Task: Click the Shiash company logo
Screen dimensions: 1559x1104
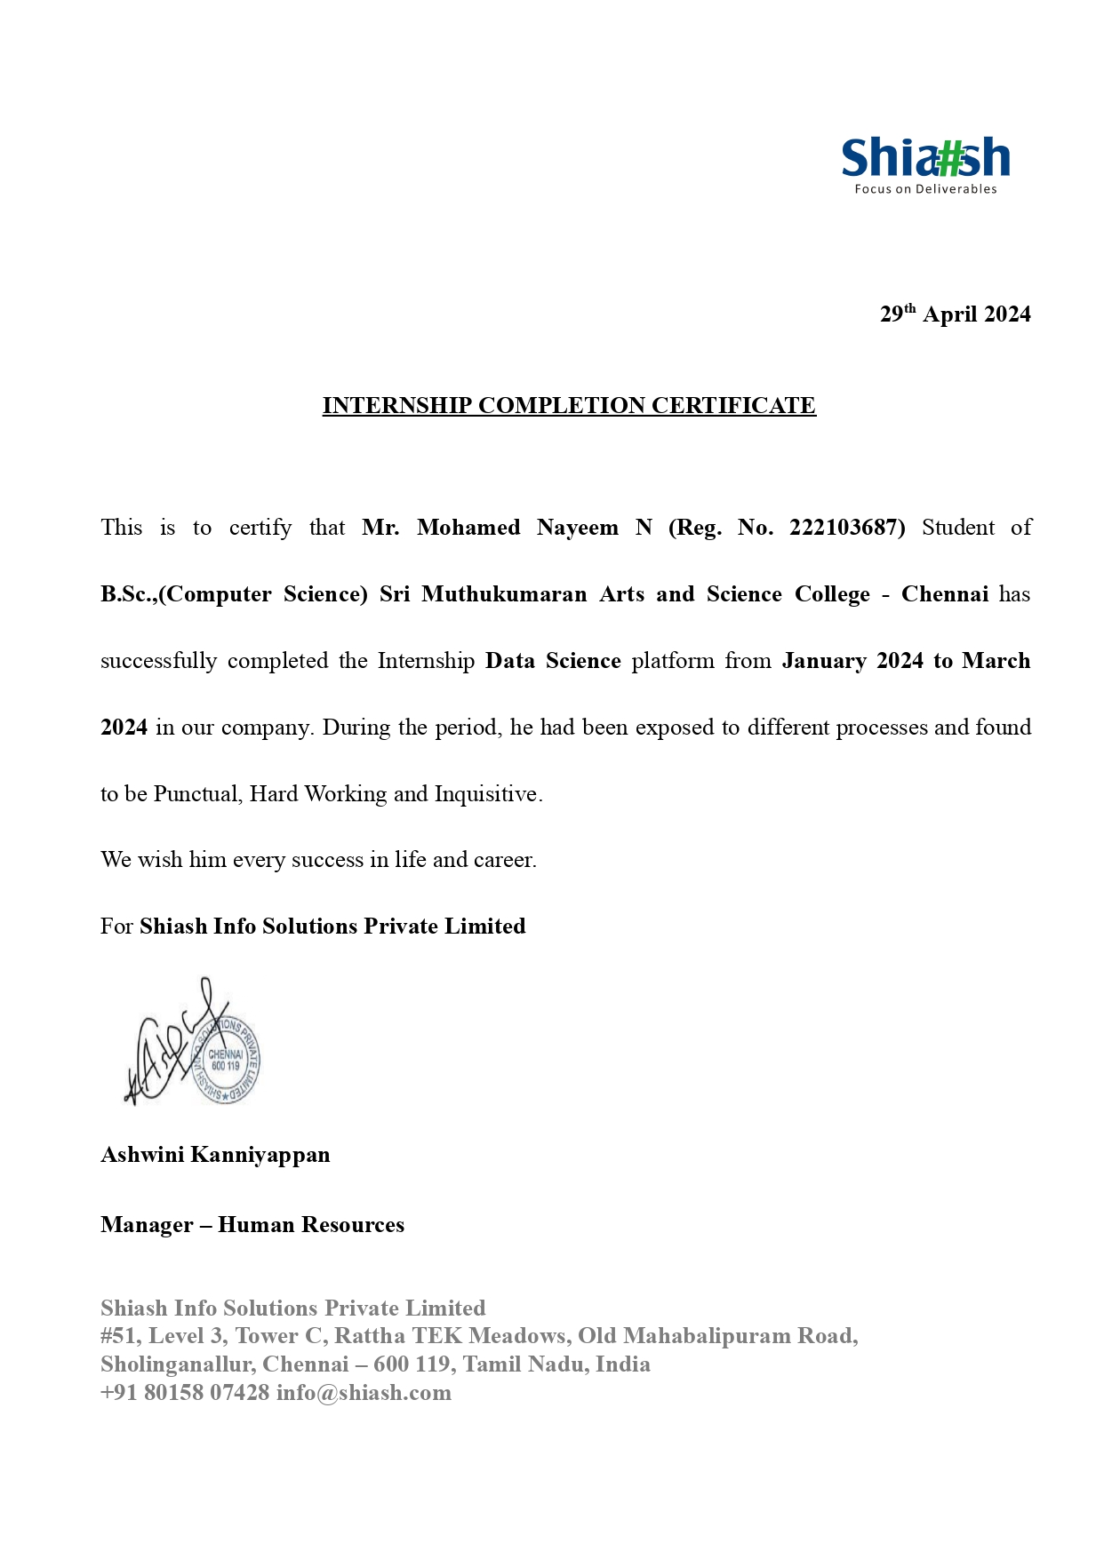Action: click(x=924, y=159)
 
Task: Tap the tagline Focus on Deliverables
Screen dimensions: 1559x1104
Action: click(x=925, y=189)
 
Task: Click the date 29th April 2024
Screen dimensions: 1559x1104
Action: click(x=955, y=314)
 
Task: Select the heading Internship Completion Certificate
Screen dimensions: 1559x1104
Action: click(x=569, y=406)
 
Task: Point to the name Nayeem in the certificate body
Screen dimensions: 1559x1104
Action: click(x=577, y=528)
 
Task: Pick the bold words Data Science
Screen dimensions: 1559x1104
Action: click(x=553, y=661)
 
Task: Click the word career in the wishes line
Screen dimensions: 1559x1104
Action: click(x=505, y=860)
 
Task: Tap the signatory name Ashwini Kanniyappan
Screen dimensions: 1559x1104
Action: click(x=215, y=1155)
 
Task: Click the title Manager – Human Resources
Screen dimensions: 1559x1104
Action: click(x=252, y=1225)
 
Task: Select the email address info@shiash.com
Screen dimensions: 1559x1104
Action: click(x=364, y=1393)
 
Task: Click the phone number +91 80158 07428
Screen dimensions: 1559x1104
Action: click(x=185, y=1393)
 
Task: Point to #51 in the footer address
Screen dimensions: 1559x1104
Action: click(x=119, y=1336)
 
